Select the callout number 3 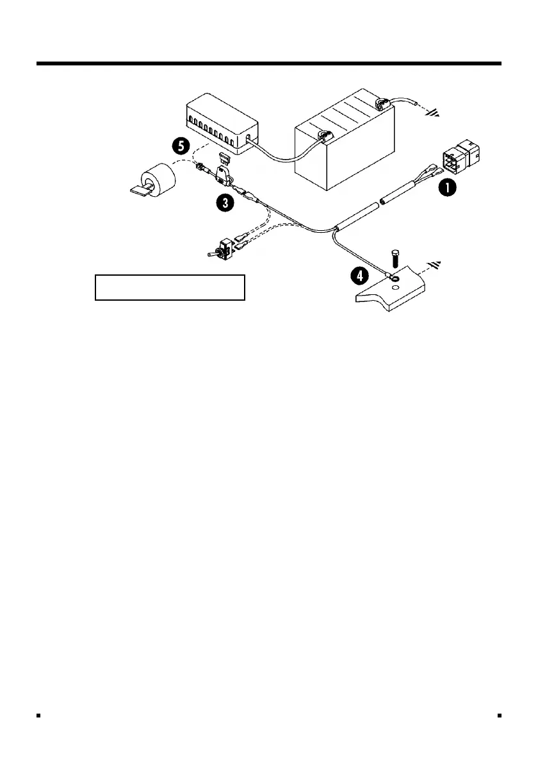(224, 203)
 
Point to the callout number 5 (181, 146)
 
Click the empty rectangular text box (170, 287)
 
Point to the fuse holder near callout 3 (224, 178)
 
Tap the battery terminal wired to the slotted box (325, 135)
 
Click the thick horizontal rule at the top (269, 63)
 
